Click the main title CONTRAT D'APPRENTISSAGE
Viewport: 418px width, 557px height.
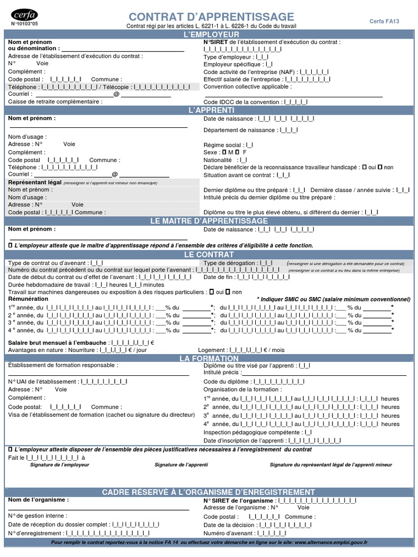click(211, 17)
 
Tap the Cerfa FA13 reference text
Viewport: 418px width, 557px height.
click(384, 21)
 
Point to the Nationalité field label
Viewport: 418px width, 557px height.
click(218, 160)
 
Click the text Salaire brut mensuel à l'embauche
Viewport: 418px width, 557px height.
click(57, 343)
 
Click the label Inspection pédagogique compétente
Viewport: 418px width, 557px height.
click(252, 432)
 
